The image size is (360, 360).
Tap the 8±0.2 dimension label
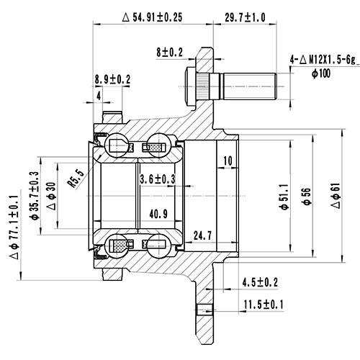pos(171,51)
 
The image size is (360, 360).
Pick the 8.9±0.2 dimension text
pos(112,78)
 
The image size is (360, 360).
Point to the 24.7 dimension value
pos(202,235)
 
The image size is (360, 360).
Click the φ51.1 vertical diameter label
pos(284,195)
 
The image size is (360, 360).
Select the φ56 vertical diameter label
pos(306,197)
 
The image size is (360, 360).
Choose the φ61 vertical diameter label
pos(336,196)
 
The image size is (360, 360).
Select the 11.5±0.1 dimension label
pos(264,305)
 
